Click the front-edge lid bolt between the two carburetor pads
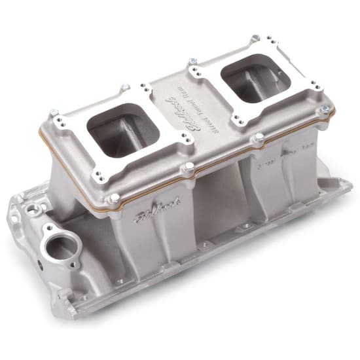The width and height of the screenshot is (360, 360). [x=189, y=167]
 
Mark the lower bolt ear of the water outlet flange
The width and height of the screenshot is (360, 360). [x=73, y=265]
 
